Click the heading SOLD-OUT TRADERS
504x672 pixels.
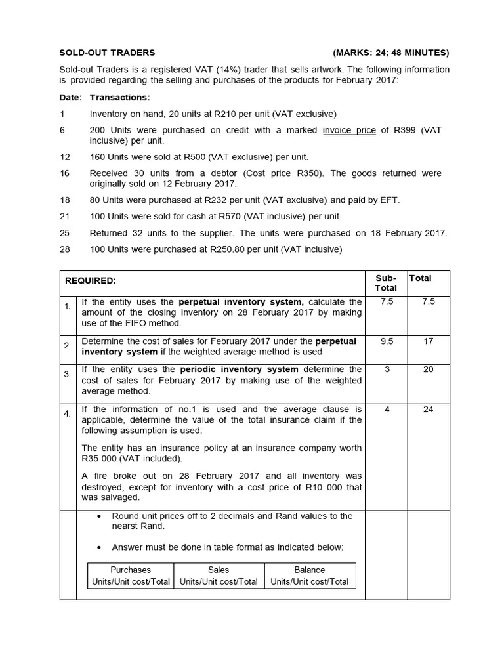click(108, 52)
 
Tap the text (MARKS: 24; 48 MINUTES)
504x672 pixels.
click(391, 52)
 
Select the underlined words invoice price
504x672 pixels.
click(349, 130)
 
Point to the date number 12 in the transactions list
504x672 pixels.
click(64, 157)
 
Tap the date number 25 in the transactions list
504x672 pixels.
click(64, 232)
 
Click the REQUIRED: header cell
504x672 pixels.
click(91, 280)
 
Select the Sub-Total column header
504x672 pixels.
click(386, 283)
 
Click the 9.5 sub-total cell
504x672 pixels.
click(386, 341)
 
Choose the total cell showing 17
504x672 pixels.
click(428, 341)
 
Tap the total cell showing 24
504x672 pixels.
click(428, 409)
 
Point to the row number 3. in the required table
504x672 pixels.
click(68, 375)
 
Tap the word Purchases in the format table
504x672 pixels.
click(131, 570)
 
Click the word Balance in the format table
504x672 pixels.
click(310, 570)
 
